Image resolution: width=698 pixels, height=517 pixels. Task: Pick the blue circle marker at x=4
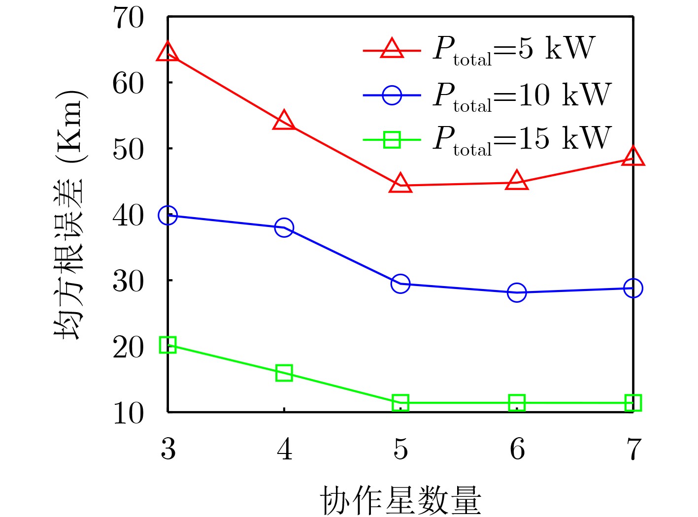284,227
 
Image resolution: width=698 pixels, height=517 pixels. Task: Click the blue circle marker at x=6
517,292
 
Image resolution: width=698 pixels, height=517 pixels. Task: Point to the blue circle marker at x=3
168,215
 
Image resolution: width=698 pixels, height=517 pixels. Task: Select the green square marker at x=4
284,373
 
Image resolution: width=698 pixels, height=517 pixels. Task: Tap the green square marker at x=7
633,403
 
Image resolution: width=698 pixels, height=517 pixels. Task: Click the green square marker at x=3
168,345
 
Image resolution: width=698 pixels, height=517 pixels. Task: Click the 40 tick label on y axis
129,216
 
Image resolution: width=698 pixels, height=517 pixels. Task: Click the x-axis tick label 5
400,449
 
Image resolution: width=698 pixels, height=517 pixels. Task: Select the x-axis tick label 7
633,449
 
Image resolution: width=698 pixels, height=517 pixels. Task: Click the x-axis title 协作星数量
400,500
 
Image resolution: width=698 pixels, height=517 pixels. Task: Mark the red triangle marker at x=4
284,121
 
